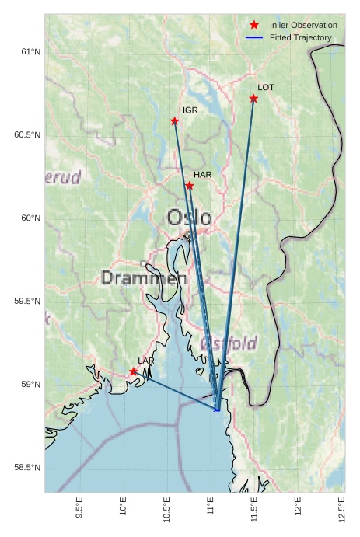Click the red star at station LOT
click(x=254, y=99)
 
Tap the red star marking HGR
click(x=175, y=121)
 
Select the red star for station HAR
click(x=190, y=185)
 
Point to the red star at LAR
click(x=134, y=371)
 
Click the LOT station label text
click(x=266, y=88)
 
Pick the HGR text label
click(x=188, y=110)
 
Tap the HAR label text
click(x=203, y=175)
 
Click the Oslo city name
click(x=189, y=218)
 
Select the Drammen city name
click(x=144, y=278)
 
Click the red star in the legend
click(x=254, y=26)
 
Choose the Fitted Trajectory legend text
click(x=301, y=37)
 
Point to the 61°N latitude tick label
click(x=29, y=52)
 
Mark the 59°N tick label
click(x=29, y=385)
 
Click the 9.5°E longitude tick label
click(x=79, y=507)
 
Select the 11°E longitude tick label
click(x=211, y=506)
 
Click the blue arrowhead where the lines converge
click(x=218, y=409)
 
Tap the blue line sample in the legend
click(x=254, y=37)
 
